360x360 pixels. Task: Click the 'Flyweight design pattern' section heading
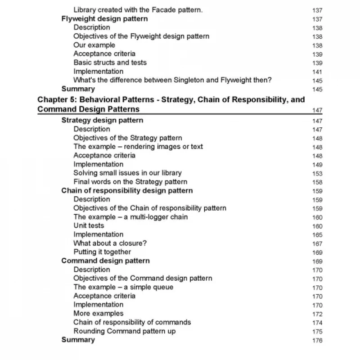click(104, 19)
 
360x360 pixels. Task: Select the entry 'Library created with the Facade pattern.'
click(138, 10)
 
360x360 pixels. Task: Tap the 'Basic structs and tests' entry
click(110, 63)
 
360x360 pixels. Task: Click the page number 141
click(317, 72)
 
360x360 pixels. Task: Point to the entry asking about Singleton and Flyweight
click(172, 80)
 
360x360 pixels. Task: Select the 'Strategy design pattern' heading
click(102, 120)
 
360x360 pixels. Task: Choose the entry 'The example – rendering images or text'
click(138, 147)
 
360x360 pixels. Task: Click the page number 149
click(317, 165)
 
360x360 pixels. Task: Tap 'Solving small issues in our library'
click(127, 173)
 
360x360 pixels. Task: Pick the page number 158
click(317, 182)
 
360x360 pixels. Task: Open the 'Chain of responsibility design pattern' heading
click(127, 190)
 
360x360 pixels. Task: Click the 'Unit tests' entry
click(89, 225)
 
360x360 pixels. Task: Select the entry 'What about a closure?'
click(110, 243)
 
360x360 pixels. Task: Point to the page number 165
click(317, 235)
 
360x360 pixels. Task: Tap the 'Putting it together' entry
click(102, 252)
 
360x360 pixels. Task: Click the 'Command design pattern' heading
click(105, 261)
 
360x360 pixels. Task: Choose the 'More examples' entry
click(98, 313)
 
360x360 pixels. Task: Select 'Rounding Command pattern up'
click(125, 331)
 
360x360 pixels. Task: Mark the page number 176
click(317, 340)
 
